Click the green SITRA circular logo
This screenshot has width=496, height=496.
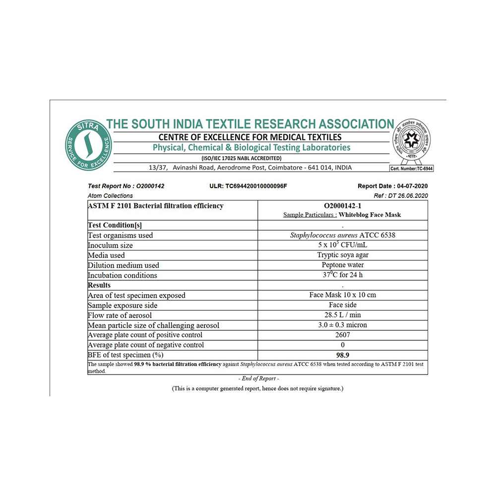tap(89, 145)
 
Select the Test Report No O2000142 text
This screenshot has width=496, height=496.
tap(126, 186)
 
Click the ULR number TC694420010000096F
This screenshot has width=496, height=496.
tap(248, 186)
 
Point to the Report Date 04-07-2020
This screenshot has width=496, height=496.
tap(392, 186)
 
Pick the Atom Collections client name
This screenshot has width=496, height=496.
tap(110, 195)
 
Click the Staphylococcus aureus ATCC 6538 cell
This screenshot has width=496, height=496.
tap(343, 235)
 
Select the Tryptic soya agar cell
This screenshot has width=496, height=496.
tap(343, 255)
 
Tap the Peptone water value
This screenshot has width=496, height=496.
tap(343, 265)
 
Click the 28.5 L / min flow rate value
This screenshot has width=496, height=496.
tap(343, 315)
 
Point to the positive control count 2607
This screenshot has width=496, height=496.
tap(343, 335)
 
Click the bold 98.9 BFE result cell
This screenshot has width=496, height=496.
tap(343, 355)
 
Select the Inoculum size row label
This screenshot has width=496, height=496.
tap(110, 246)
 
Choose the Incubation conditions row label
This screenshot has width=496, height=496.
tap(123, 275)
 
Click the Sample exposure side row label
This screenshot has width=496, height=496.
tap(123, 305)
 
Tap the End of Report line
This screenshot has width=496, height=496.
tap(257, 378)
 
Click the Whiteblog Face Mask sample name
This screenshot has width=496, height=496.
tap(370, 215)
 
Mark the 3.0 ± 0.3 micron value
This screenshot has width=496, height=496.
tap(343, 325)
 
